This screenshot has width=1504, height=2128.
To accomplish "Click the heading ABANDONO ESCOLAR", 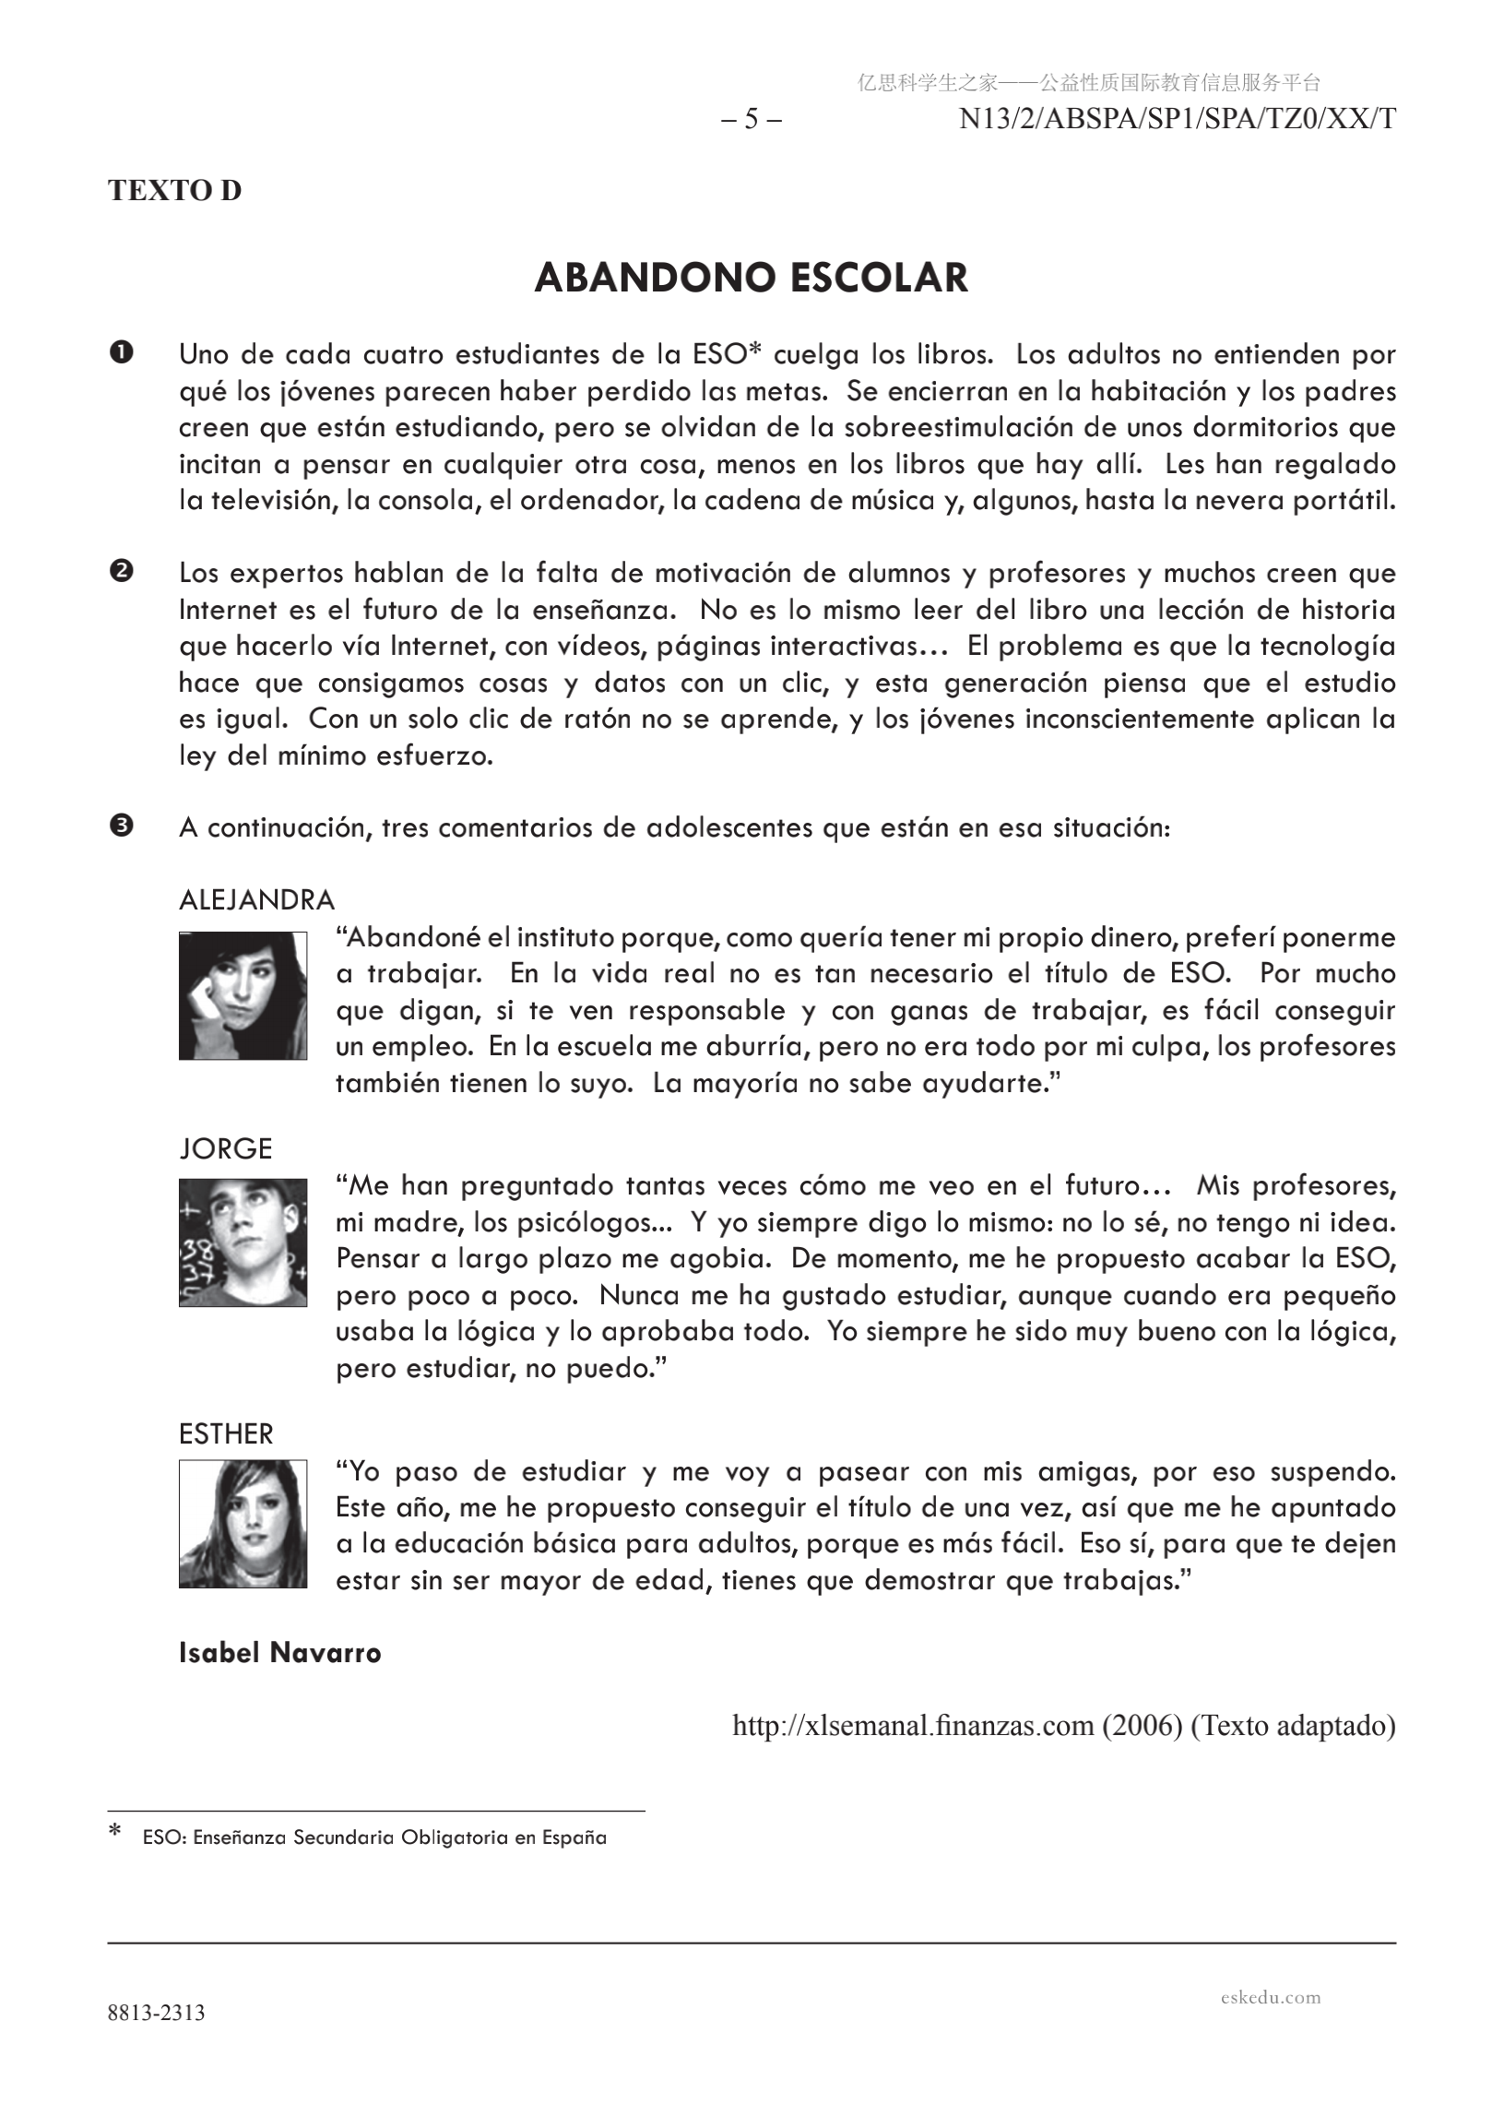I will tap(751, 278).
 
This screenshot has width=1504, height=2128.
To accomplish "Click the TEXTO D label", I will tap(174, 190).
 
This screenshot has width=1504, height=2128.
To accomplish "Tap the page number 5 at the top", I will tap(751, 120).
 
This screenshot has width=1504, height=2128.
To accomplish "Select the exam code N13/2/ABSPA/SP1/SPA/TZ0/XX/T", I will tap(1177, 120).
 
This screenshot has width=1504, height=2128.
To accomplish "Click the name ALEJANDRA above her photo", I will tap(256, 899).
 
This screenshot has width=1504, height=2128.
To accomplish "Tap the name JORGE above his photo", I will tap(225, 1148).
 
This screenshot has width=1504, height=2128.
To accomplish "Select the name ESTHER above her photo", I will tap(226, 1433).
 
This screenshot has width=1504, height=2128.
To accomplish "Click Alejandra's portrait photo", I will tap(243, 995).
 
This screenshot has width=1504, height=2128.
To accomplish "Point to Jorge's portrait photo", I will tap(243, 1242).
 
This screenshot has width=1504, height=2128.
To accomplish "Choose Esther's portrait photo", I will tap(243, 1524).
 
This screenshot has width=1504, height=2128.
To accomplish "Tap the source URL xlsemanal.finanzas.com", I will tap(913, 1725).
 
